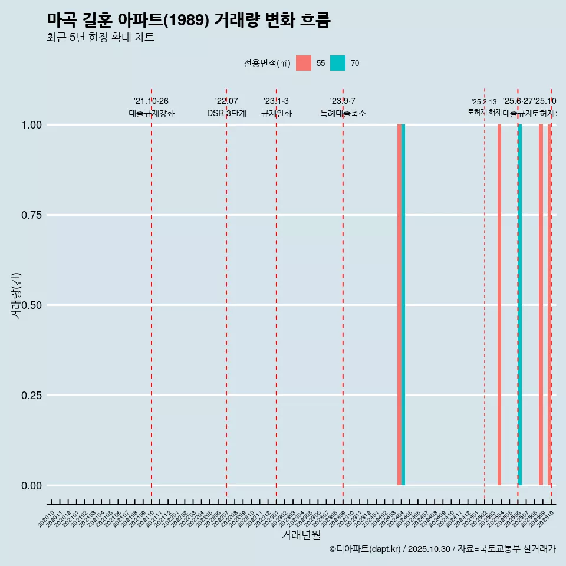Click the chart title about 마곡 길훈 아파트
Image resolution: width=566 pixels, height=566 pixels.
(189, 21)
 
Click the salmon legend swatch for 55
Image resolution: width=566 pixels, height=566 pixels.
(304, 63)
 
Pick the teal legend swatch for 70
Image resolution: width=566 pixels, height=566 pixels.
(338, 63)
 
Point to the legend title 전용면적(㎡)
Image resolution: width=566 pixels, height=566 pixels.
(266, 63)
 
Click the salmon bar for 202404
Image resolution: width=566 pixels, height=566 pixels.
(399, 305)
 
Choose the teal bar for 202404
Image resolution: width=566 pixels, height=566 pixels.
(403, 305)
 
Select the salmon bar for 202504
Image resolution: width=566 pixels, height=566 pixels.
(499, 305)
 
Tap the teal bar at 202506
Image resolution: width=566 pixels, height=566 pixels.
(520, 305)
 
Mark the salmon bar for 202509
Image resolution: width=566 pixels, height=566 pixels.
(541, 305)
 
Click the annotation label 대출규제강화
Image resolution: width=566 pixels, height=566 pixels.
(152, 113)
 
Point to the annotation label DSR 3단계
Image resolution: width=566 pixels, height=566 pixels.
(226, 113)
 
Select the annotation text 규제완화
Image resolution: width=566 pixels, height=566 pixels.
(277, 113)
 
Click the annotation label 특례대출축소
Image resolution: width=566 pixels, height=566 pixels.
(343, 113)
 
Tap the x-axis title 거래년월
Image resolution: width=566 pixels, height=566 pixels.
(301, 535)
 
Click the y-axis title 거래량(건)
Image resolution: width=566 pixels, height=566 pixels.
(16, 295)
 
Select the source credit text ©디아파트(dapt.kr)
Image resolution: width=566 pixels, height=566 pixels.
(364, 549)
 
